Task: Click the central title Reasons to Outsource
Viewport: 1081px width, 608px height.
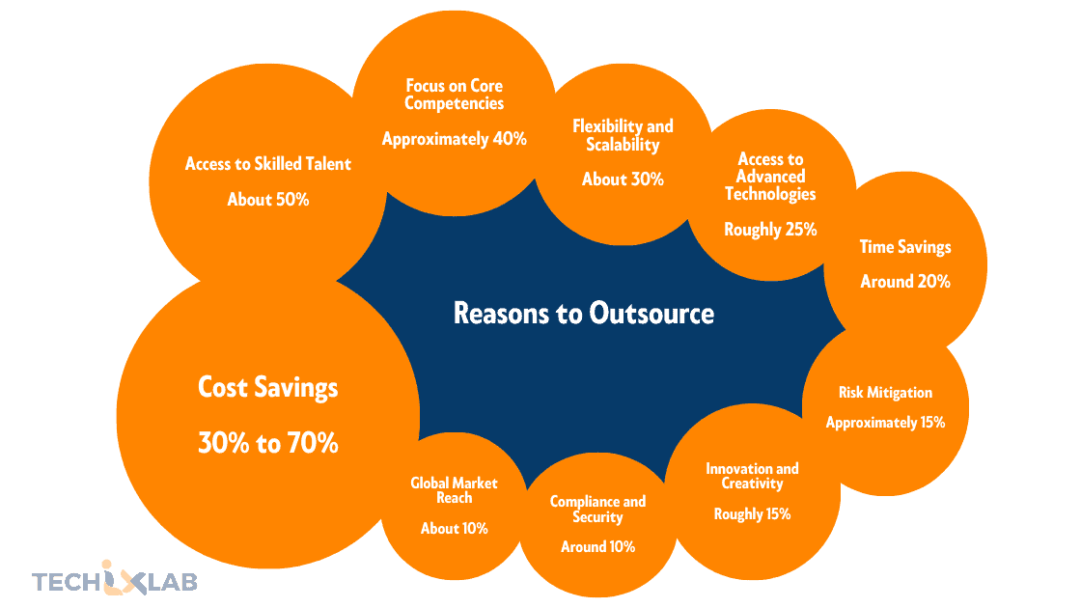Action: coord(584,314)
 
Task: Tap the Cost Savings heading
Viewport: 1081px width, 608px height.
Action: coord(268,388)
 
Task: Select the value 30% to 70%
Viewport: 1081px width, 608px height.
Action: coord(268,444)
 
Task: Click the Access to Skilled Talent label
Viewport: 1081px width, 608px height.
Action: coord(268,164)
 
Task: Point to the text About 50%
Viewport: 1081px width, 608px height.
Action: coord(268,200)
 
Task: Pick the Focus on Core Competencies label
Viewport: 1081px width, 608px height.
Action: coord(454,95)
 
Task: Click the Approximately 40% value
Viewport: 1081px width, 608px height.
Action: coord(454,139)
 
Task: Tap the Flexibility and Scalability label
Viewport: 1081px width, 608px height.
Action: coord(623,135)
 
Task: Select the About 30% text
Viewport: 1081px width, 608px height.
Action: coord(623,180)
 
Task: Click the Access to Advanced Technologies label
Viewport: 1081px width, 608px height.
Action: coord(770,177)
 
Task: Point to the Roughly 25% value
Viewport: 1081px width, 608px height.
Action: coord(770,230)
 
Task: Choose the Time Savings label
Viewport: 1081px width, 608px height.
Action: coord(905,247)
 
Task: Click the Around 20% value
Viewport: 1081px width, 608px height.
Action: coord(905,282)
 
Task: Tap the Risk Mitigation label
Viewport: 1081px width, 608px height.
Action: coord(885,393)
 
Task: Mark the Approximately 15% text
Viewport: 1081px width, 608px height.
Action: coord(885,423)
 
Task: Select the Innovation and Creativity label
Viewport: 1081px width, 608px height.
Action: coord(752,476)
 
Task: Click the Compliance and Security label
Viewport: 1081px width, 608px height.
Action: coord(597,510)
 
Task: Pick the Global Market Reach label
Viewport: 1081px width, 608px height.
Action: coord(454,490)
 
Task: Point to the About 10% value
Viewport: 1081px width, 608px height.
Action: coord(454,529)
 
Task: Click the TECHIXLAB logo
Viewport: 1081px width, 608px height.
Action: coord(115,581)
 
